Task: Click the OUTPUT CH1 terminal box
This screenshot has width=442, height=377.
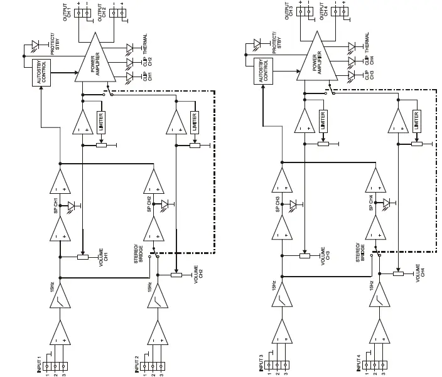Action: (x=82, y=13)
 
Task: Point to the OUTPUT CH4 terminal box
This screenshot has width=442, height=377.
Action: (x=339, y=13)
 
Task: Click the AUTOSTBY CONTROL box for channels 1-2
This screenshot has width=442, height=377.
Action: (x=41, y=73)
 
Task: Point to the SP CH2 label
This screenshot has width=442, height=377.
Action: (x=149, y=204)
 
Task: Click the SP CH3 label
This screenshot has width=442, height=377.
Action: (x=277, y=204)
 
